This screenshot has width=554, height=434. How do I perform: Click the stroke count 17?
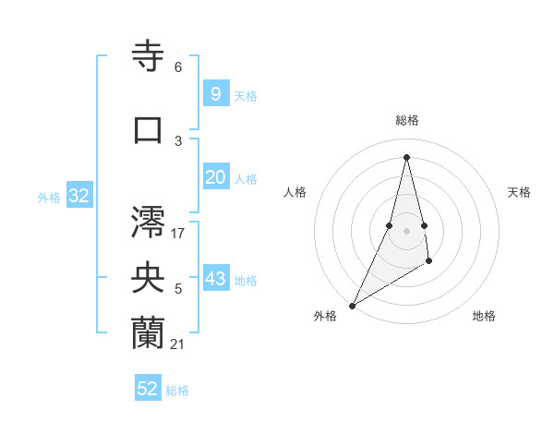pyautogui.click(x=178, y=233)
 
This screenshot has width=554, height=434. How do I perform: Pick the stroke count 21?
pyautogui.click(x=178, y=344)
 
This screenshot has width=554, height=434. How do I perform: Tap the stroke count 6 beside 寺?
pyautogui.click(x=178, y=67)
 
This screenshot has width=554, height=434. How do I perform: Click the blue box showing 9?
pyautogui.click(x=215, y=93)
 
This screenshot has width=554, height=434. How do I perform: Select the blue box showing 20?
pyautogui.click(x=215, y=177)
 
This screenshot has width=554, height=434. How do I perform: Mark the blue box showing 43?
pyautogui.click(x=215, y=279)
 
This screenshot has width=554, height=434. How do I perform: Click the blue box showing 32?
pyautogui.click(x=78, y=196)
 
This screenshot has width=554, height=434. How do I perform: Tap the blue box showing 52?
pyautogui.click(x=148, y=389)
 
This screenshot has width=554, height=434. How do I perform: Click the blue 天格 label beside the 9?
pyautogui.click(x=246, y=95)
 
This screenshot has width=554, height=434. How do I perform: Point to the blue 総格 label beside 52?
pyautogui.click(x=178, y=391)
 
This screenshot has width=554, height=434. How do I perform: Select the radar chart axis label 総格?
pyautogui.click(x=406, y=120)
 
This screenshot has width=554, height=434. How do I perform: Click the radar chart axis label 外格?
pyautogui.click(x=325, y=316)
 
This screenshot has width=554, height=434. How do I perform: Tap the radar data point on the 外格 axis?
pyautogui.click(x=353, y=305)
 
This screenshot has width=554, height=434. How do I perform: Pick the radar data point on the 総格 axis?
pyautogui.click(x=406, y=156)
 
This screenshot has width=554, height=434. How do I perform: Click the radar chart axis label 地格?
pyautogui.click(x=484, y=316)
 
